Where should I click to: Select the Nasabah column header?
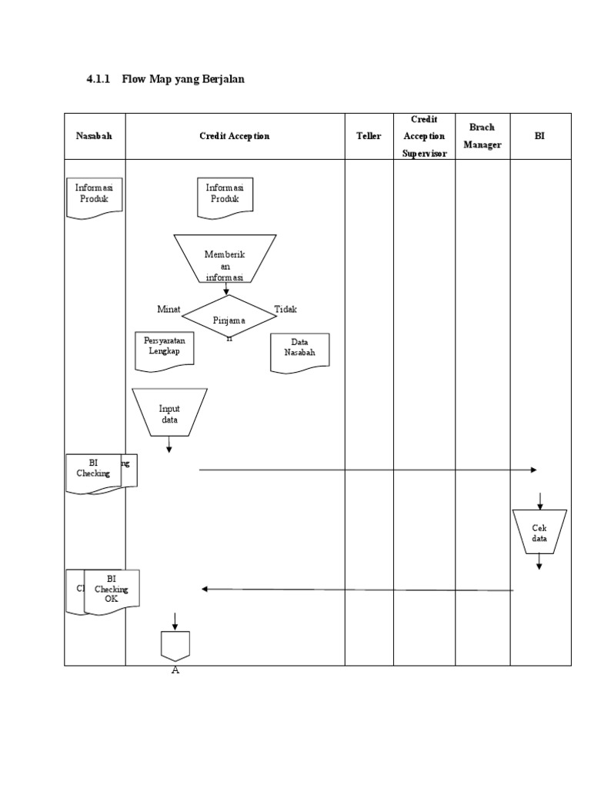pos(94,136)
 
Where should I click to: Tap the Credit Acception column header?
pos(234,136)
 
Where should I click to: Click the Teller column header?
pos(369,136)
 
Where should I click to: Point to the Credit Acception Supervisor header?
pos(424,136)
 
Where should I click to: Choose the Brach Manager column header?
pos(482,136)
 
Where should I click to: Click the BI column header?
pos(539,136)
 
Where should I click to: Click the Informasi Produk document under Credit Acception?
pos(225,194)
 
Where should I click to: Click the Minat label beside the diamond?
pos(169,309)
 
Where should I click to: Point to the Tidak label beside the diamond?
pos(285,309)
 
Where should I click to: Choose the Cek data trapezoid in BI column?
pos(539,532)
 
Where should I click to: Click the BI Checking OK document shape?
pos(112,590)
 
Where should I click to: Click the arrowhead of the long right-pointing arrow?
pos(533,470)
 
